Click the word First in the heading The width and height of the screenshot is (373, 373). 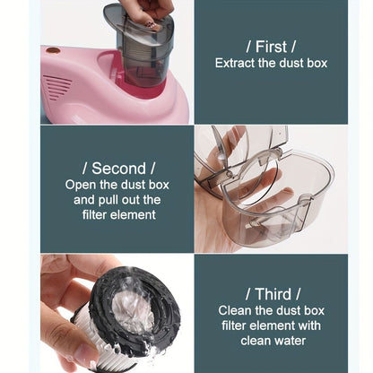[x=271, y=47]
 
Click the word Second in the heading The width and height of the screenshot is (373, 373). [x=118, y=169]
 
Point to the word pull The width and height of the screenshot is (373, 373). [x=108, y=200]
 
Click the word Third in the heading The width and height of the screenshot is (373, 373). [x=273, y=294]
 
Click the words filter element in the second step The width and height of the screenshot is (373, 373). [x=119, y=215]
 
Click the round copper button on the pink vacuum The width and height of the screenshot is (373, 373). [x=54, y=51]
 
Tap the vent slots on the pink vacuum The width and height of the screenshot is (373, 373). [x=56, y=88]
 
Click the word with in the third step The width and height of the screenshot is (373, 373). [x=310, y=325]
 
